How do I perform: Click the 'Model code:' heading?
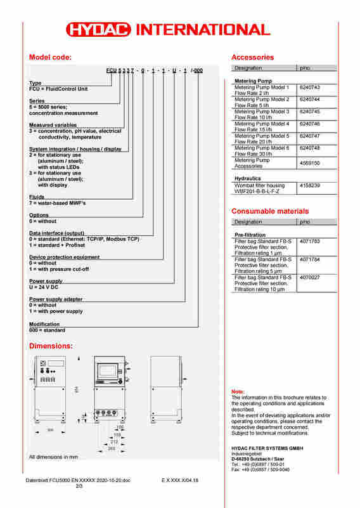tap(51, 58)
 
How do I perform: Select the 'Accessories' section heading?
tap(252, 58)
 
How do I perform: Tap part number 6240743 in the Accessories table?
tap(310, 88)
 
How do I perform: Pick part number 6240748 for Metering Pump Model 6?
tap(310, 148)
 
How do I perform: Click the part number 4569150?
tap(310, 163)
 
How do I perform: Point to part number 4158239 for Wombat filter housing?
tap(310, 185)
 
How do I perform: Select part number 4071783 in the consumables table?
tap(310, 242)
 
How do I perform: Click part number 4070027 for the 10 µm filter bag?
tap(310, 277)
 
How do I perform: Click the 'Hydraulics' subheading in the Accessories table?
tap(248, 179)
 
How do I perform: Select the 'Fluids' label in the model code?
tap(37, 197)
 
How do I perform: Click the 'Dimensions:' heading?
tap(51, 346)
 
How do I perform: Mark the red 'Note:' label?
tap(238, 392)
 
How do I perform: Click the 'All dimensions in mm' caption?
tap(53, 457)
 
